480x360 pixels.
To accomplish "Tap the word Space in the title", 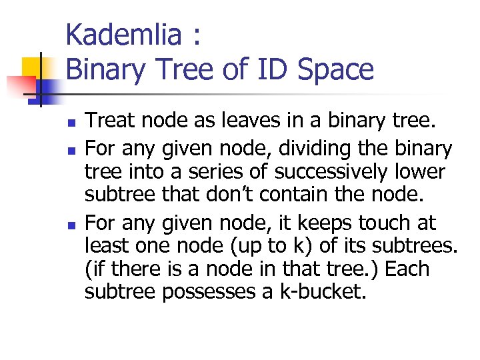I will pyautogui.click(x=335, y=69).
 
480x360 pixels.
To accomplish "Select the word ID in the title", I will pyautogui.click(x=267, y=69).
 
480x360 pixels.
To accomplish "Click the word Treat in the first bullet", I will pyautogui.click(x=109, y=121).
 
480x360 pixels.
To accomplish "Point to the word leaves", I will pyautogui.click(x=235, y=121).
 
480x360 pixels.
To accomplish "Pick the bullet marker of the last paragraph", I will pyautogui.click(x=71, y=223).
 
